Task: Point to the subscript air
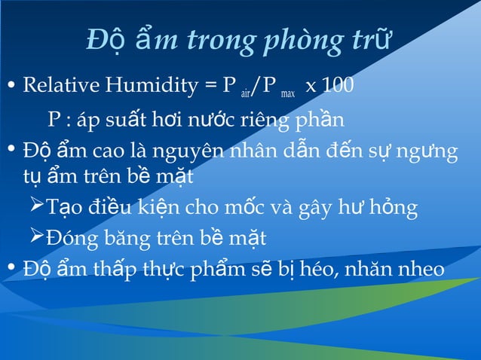(x=245, y=93)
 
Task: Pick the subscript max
(x=287, y=93)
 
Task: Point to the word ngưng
(x=430, y=152)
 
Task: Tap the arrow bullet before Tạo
(x=35, y=206)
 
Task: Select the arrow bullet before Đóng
(x=35, y=237)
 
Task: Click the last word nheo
(x=424, y=268)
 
